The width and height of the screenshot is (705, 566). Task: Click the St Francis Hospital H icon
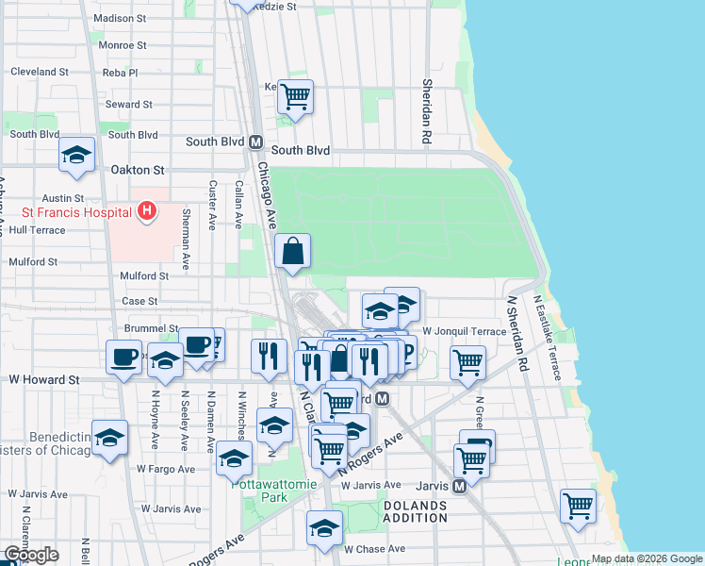pyautogui.click(x=146, y=211)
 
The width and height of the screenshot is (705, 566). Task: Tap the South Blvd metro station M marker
pyautogui.click(x=254, y=142)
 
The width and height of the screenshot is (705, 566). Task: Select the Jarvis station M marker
pyautogui.click(x=459, y=486)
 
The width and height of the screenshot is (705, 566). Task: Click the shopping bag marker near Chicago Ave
pyautogui.click(x=293, y=251)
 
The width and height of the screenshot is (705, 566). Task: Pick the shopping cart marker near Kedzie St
pyautogui.click(x=295, y=96)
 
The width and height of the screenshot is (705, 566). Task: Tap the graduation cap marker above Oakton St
pyautogui.click(x=76, y=156)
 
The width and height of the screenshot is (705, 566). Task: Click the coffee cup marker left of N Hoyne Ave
pyautogui.click(x=123, y=358)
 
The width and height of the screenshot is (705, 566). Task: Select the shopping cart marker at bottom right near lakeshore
pyautogui.click(x=578, y=505)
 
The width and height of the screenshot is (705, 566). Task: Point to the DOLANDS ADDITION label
pyautogui.click(x=415, y=512)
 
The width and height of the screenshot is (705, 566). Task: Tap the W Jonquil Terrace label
pyautogui.click(x=464, y=332)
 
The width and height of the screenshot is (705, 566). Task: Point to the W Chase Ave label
pyautogui.click(x=374, y=549)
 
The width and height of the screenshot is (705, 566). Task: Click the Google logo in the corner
pyautogui.click(x=31, y=555)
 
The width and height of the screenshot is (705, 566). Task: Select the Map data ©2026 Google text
pyautogui.click(x=647, y=558)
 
